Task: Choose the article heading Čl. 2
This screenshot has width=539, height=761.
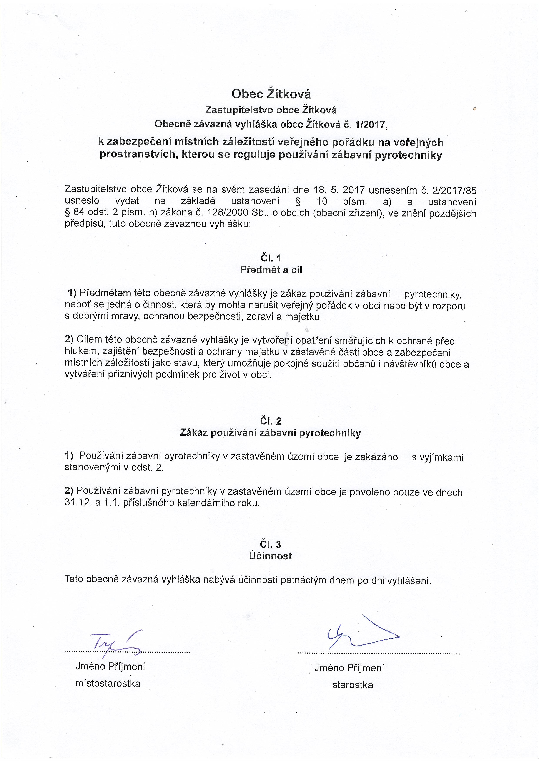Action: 271,421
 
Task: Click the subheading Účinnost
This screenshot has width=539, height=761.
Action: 271,556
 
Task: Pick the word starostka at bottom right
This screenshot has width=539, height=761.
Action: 353,685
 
